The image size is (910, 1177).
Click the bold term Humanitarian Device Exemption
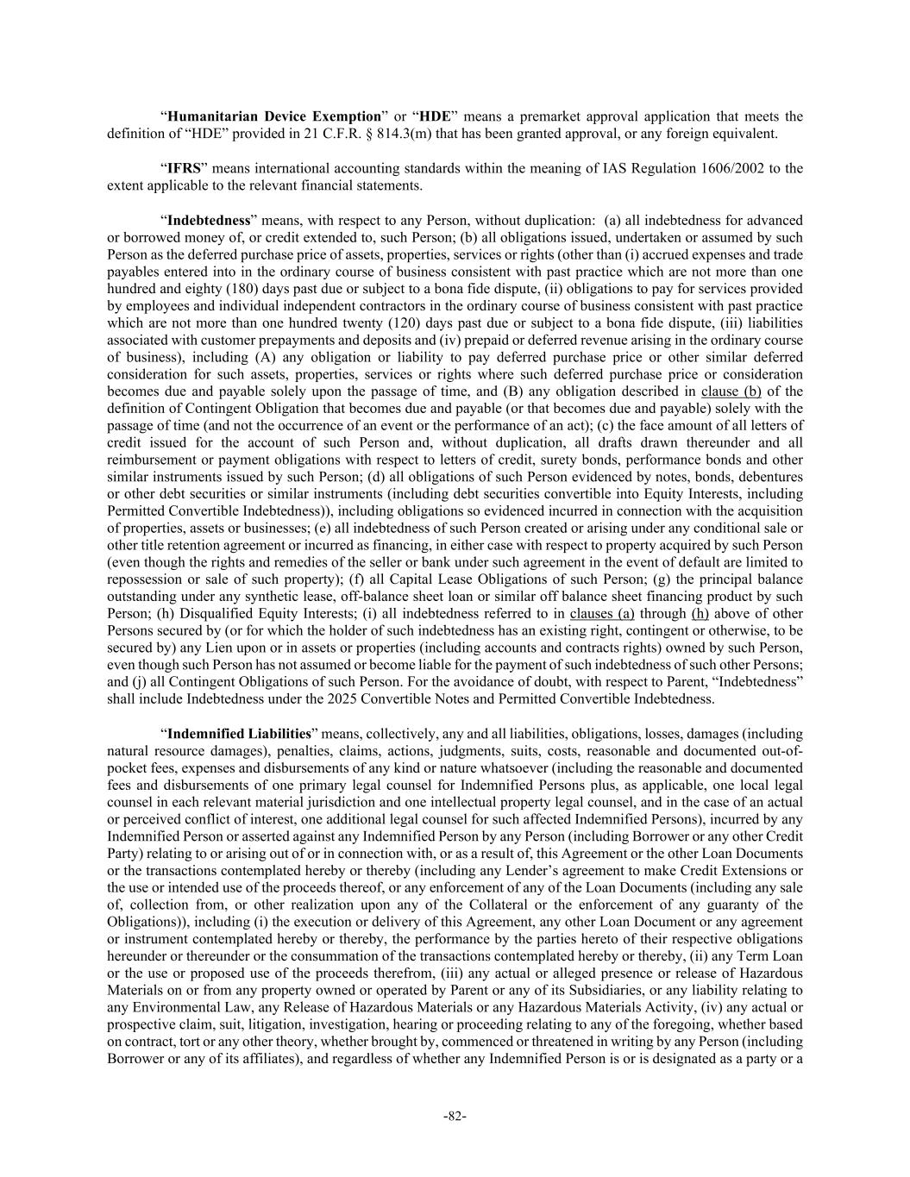pos(273,116)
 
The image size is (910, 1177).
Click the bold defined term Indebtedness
pos(208,220)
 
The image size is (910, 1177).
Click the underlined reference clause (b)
pos(731,391)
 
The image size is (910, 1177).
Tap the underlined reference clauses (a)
pos(602,614)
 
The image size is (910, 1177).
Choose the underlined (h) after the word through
pos(700,614)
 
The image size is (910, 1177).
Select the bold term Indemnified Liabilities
pos(239,734)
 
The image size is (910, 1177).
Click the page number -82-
pos(455,1117)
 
